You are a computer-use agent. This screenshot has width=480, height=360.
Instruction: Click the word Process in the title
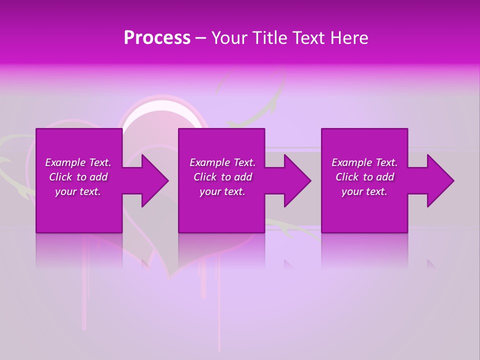157,38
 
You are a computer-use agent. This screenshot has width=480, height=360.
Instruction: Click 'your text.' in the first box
78,191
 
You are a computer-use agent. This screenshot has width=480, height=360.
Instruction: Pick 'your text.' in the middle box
222,191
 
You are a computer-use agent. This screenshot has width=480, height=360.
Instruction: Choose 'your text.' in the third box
364,191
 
